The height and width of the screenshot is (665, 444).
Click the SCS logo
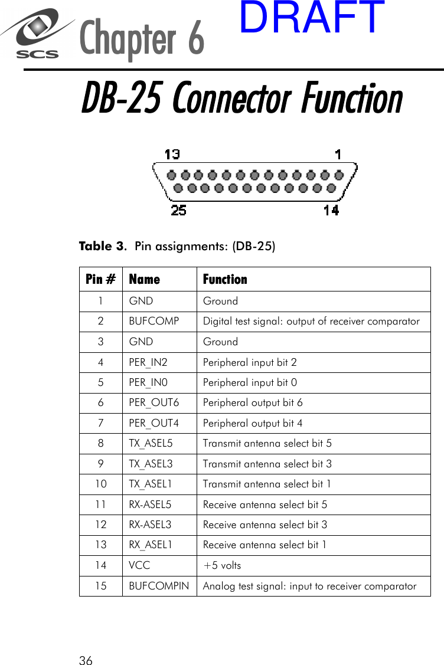pos(37,35)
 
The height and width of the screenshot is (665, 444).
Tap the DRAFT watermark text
pos(312,18)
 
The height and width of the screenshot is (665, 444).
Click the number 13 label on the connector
pos(172,155)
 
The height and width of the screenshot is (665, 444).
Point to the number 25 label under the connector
pos(178,209)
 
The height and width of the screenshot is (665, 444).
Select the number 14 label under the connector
pos(331,209)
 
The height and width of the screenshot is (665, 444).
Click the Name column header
pos(145,279)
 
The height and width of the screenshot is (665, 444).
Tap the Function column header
pos(225,279)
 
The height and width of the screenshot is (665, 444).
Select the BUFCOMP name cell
pos(154,321)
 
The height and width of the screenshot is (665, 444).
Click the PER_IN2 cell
pos(148,362)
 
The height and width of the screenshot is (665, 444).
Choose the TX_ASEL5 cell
pos(151,443)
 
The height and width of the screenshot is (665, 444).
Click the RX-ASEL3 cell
pos(151,525)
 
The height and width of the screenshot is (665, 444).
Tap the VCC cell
pos(139,565)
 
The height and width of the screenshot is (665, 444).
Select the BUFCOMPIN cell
pos(159,586)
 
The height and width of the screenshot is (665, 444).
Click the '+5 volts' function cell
pos(222,565)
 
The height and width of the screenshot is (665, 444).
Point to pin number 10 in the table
pos(101,484)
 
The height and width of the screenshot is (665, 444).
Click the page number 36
pos(86,661)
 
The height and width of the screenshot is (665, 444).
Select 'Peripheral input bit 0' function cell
pos(250,382)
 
